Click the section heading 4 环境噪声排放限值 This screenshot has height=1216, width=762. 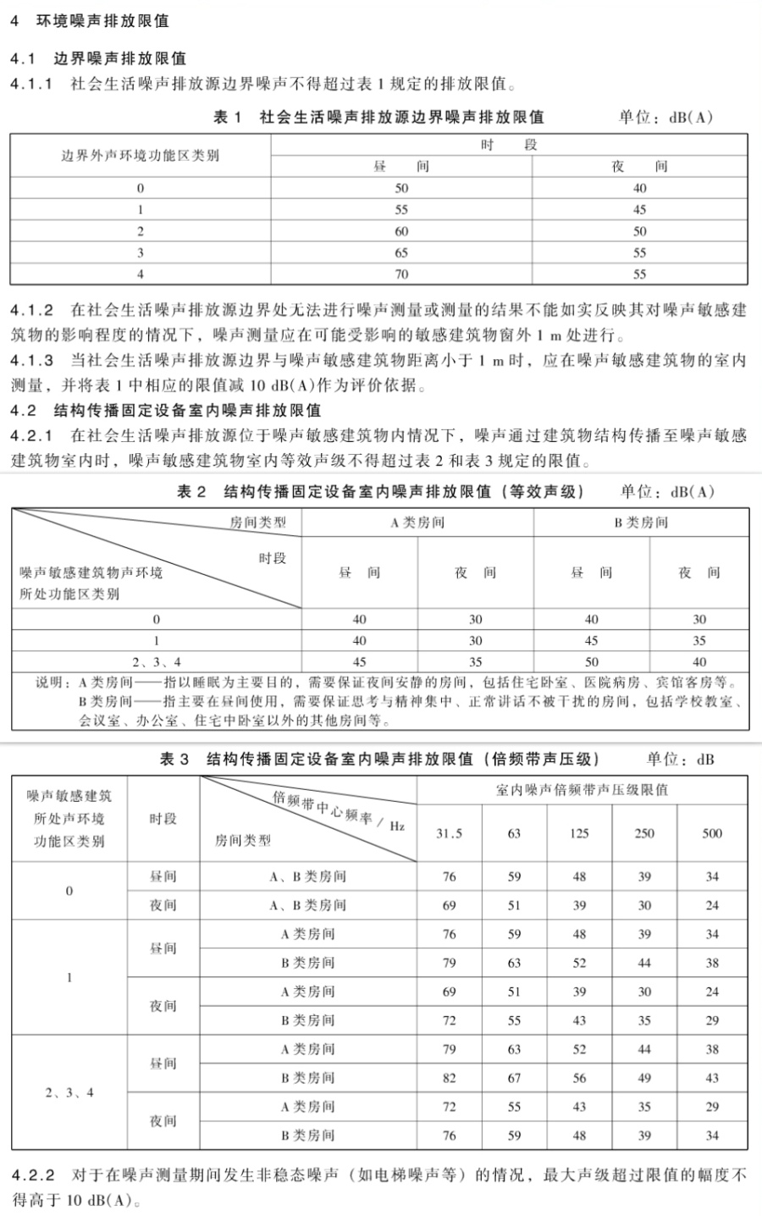[x=89, y=21]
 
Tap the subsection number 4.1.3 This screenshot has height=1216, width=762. [x=32, y=361]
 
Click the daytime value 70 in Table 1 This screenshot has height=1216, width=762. [x=401, y=274]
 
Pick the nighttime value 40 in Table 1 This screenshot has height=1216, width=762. [x=639, y=188]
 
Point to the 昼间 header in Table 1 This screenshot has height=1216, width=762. [x=401, y=166]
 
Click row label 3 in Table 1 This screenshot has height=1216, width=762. [x=141, y=252]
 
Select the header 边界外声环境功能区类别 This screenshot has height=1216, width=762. [x=141, y=156]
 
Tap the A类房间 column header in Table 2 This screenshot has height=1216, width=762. [x=417, y=522]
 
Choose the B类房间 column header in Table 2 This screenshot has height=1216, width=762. [x=641, y=522]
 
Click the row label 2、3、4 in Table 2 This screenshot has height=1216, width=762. [x=156, y=662]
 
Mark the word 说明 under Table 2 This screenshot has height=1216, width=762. [x=48, y=683]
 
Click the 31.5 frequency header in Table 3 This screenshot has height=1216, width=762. [x=449, y=833]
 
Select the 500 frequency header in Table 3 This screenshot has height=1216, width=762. [x=712, y=833]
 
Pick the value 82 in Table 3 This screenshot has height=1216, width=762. [x=449, y=1078]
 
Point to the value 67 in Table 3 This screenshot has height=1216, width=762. [x=514, y=1078]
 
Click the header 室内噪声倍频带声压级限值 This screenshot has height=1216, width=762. [x=582, y=790]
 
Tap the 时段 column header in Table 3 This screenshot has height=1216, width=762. [x=163, y=819]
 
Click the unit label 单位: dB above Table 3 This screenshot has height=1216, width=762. [x=681, y=760]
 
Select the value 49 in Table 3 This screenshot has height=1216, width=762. [x=644, y=1078]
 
